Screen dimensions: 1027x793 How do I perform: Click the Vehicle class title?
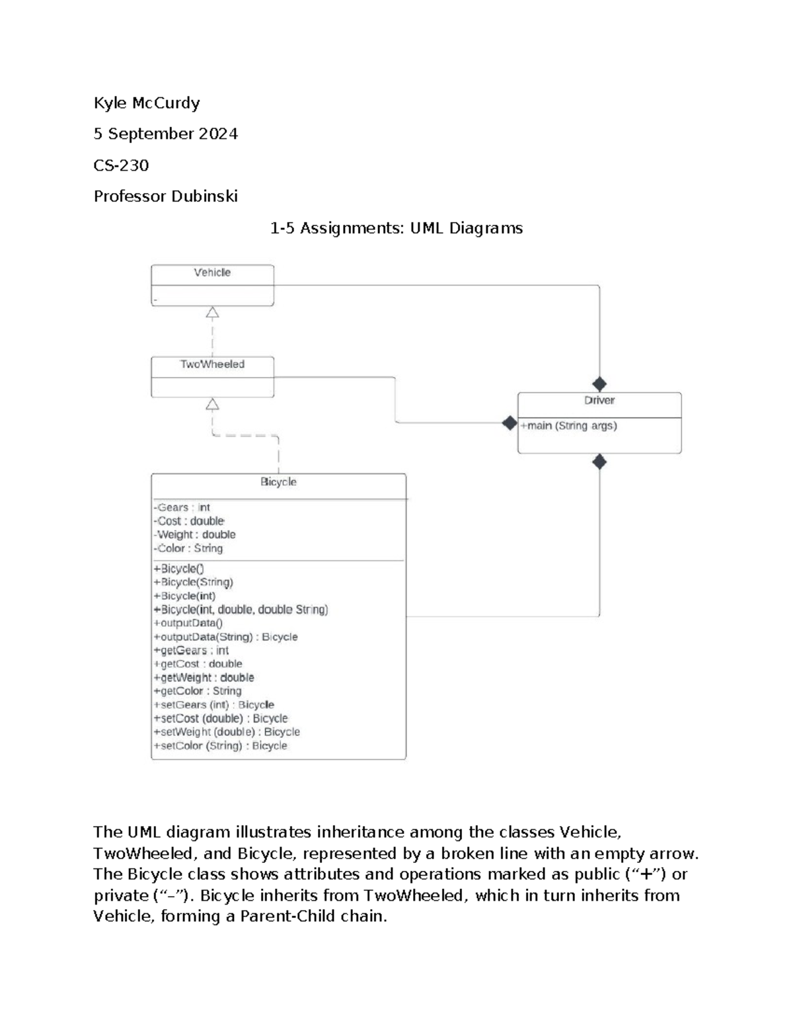tap(212, 272)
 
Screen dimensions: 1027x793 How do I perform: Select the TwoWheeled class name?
tap(212, 364)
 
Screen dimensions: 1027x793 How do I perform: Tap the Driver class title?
tap(599, 401)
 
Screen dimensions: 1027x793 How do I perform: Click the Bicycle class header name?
tap(278, 482)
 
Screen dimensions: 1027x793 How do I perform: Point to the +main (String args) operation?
tap(568, 426)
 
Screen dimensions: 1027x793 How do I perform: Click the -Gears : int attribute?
tap(182, 508)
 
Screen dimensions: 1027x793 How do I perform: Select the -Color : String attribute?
tap(188, 548)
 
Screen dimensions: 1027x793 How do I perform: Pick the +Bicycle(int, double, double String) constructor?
tap(241, 610)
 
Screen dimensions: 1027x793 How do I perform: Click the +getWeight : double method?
tap(204, 678)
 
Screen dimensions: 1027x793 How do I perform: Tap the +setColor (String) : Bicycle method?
tap(220, 746)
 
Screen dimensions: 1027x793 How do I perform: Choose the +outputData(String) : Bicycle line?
tap(225, 637)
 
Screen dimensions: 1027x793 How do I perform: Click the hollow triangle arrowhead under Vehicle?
tap(212, 313)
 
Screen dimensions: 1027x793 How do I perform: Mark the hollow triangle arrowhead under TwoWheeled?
tap(212, 404)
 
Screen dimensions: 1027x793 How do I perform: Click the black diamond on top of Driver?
tap(599, 384)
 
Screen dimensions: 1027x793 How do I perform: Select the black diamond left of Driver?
tap(510, 423)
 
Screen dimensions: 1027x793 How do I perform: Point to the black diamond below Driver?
tap(599, 462)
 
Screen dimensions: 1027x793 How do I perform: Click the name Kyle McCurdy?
tap(147, 103)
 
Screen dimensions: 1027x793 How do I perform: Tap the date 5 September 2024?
tap(165, 134)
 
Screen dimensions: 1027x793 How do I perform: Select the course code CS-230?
tap(121, 165)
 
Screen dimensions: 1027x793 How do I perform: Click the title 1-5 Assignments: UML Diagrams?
tap(397, 228)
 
